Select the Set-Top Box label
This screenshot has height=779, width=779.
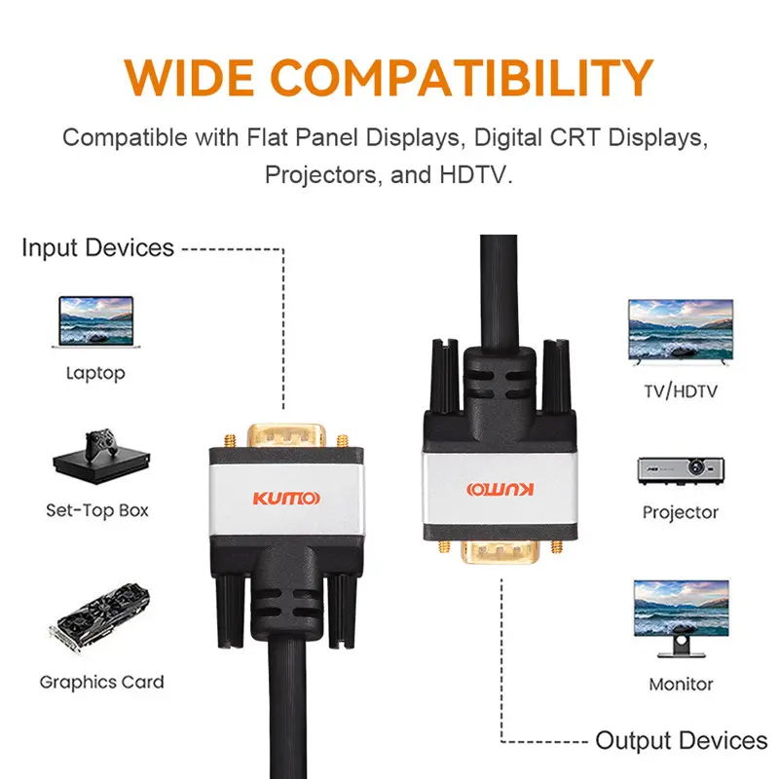(x=97, y=509)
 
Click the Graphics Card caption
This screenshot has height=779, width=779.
(x=101, y=682)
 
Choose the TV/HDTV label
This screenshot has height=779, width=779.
(x=681, y=391)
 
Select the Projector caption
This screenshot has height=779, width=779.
(x=681, y=512)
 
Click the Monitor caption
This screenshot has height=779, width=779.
(x=681, y=684)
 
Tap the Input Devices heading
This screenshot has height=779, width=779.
(x=97, y=247)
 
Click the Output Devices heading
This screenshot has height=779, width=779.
(x=681, y=741)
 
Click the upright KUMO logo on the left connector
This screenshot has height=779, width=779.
(x=285, y=500)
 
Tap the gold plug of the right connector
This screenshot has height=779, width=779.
(x=500, y=555)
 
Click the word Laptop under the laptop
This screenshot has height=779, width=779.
(x=95, y=373)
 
